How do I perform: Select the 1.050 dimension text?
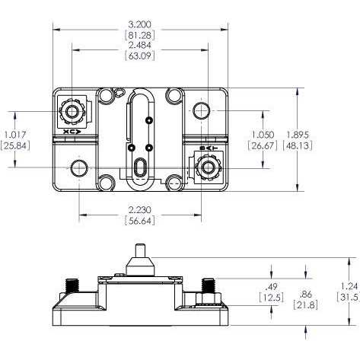point(263,134)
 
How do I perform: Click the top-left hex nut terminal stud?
point(73,112)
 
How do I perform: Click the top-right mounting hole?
point(201,112)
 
